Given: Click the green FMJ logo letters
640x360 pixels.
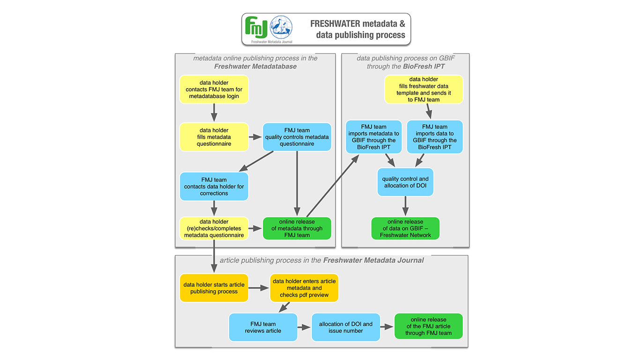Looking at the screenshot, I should pyautogui.click(x=257, y=28).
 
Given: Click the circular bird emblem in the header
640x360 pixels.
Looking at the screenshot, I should pyautogui.click(x=281, y=27).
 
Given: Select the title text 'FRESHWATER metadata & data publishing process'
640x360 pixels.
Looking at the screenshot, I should pyautogui.click(x=357, y=29).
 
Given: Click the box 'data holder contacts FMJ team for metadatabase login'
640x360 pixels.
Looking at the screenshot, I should pyautogui.click(x=214, y=90).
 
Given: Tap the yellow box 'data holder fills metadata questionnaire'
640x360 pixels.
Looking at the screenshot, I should pyautogui.click(x=214, y=137).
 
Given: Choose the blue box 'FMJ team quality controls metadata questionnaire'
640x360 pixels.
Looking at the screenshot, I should pyautogui.click(x=297, y=137).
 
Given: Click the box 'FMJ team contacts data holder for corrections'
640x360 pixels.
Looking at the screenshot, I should pyautogui.click(x=214, y=186).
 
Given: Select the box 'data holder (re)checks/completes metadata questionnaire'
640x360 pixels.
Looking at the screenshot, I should pyautogui.click(x=214, y=228).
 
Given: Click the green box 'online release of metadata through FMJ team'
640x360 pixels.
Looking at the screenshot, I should pyautogui.click(x=297, y=228).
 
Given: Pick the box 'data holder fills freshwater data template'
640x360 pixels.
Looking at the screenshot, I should pyautogui.click(x=424, y=90).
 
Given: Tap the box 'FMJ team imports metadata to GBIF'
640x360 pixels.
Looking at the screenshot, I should pyautogui.click(x=373, y=137).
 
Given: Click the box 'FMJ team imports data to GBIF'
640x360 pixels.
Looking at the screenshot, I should pyautogui.click(x=435, y=137).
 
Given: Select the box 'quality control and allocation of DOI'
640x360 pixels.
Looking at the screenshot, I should pyautogui.click(x=405, y=182).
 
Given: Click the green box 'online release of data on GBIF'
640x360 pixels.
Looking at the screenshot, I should pyautogui.click(x=405, y=228).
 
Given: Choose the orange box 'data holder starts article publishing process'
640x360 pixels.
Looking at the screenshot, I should pyautogui.click(x=214, y=288).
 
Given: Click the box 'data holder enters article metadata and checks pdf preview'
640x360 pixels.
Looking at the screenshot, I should pyautogui.click(x=304, y=288).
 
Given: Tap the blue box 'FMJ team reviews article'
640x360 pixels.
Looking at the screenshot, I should pyautogui.click(x=263, y=327).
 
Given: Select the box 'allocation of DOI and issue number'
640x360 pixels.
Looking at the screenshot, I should pyautogui.click(x=346, y=327).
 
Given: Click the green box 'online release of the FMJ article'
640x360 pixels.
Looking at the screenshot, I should pyautogui.click(x=428, y=326).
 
